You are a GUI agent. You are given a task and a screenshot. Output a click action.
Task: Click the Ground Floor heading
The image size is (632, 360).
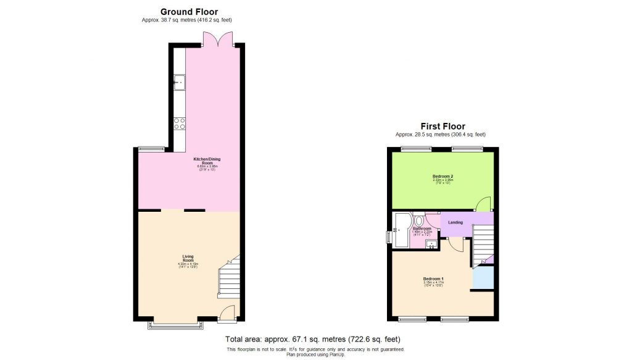pos(189,11)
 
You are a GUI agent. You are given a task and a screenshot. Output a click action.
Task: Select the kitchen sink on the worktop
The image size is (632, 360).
pos(179,82)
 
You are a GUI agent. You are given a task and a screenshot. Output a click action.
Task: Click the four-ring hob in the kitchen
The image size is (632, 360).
pos(180,123)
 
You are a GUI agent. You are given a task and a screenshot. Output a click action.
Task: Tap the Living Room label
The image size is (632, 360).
pos(188,259)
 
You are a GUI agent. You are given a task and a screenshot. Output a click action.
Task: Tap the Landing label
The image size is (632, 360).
pos(455,222)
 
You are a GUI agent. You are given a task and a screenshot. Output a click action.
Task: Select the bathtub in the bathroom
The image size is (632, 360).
pos(401,230)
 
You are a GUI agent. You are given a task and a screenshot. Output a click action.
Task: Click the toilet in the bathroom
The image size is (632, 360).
pos(419,220)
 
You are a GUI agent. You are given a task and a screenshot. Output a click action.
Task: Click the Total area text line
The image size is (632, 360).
pos(313,339)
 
